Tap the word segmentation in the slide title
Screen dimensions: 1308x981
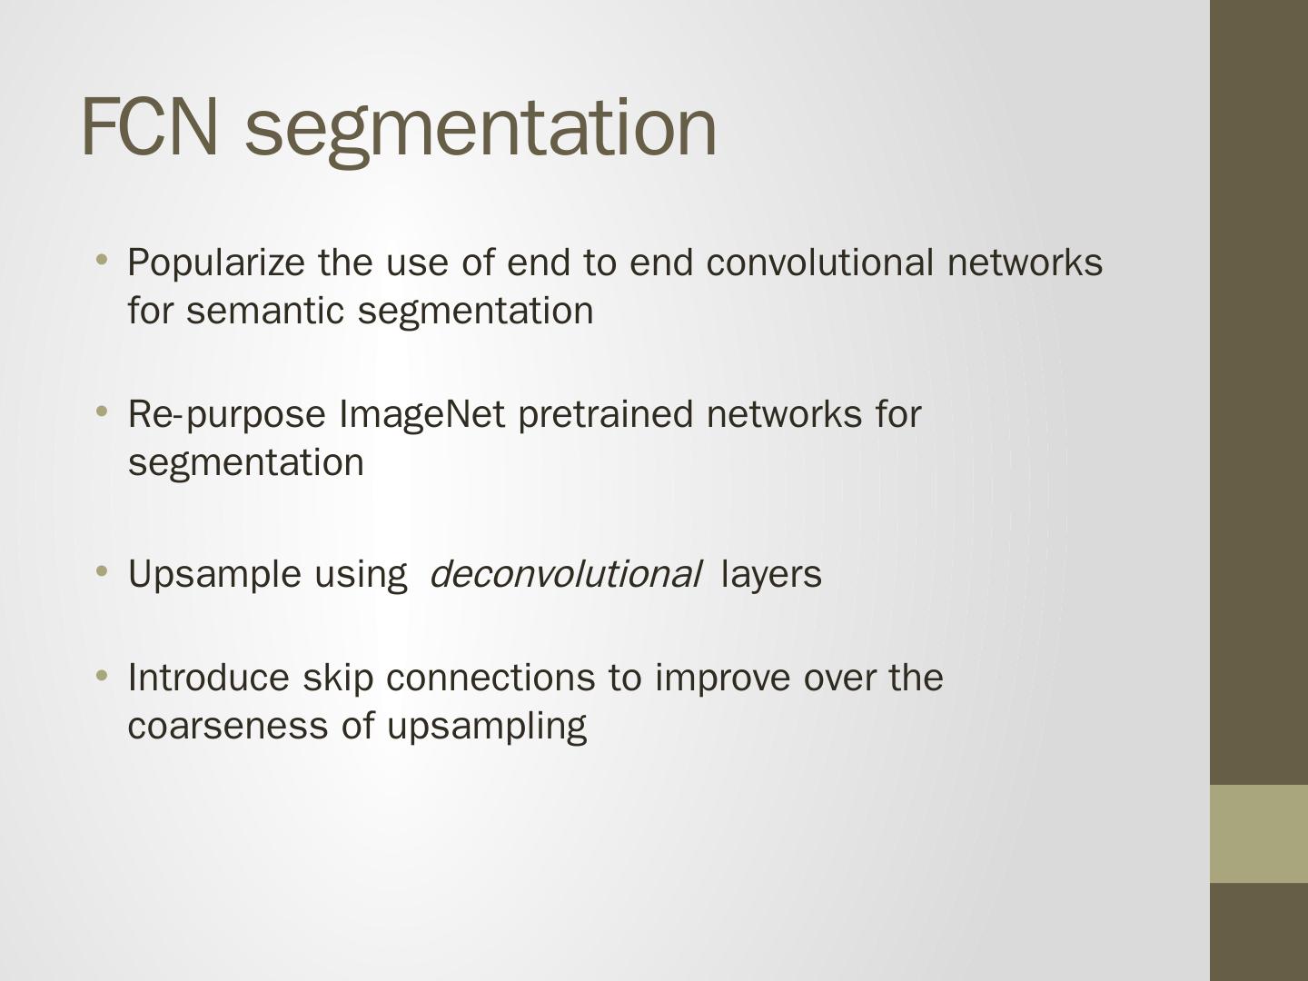[x=481, y=128]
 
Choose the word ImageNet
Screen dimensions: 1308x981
[x=421, y=414]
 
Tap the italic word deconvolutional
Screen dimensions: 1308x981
[x=564, y=574]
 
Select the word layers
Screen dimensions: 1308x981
[x=770, y=575]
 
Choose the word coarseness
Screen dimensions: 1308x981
[x=228, y=726]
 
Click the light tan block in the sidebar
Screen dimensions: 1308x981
[x=1258, y=834]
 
